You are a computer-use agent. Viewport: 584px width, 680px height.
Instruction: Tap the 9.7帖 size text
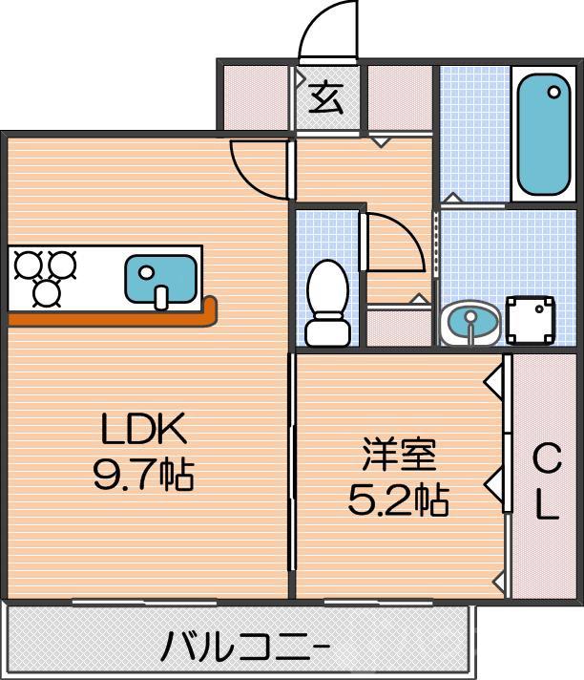[x=143, y=475]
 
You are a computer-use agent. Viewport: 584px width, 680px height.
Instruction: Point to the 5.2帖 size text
[x=398, y=499]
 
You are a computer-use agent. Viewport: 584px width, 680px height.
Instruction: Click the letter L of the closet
[x=546, y=506]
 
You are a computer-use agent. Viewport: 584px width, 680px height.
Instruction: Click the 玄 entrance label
[x=326, y=97]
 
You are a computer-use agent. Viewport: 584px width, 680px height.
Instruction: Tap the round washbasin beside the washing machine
[x=469, y=322]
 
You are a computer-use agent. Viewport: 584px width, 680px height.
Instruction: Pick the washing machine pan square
[x=531, y=321]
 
